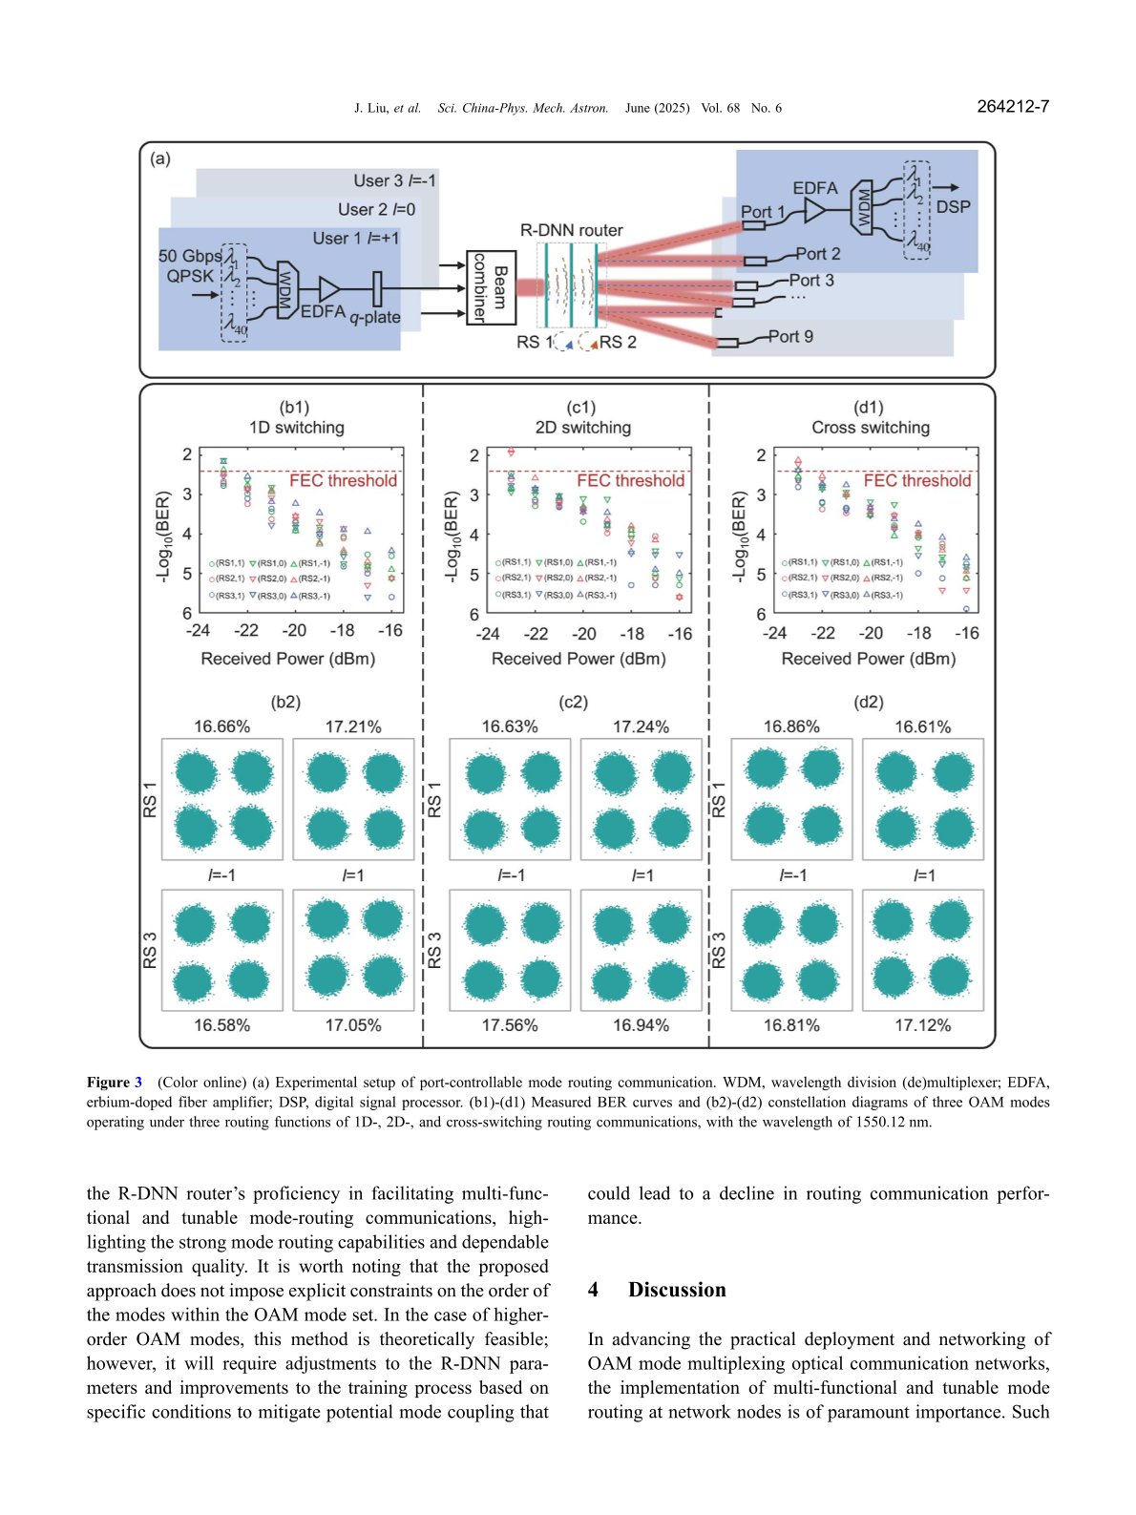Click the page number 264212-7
tap(1013, 107)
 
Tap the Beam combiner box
tap(491, 287)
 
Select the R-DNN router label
tap(571, 230)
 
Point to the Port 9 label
tap(790, 336)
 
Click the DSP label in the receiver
tap(953, 206)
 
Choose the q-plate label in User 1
tap(375, 317)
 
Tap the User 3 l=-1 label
tap(394, 180)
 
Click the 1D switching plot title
tap(296, 428)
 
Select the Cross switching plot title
tap(870, 428)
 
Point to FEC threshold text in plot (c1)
tap(630, 480)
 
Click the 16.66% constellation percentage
tap(221, 726)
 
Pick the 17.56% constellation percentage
tap(509, 1025)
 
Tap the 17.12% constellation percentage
tap(922, 1025)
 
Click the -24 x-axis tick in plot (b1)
tap(198, 630)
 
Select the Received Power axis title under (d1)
tap(868, 659)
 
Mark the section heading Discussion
tap(676, 1290)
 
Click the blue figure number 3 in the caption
tap(137, 1083)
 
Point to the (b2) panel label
tap(285, 702)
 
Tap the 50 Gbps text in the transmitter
tap(190, 256)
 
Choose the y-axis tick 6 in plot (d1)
tap(761, 614)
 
